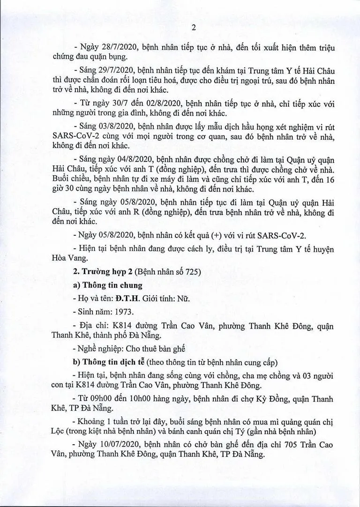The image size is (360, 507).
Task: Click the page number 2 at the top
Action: point(180,27)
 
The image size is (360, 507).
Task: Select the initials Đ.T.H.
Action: point(128,299)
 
